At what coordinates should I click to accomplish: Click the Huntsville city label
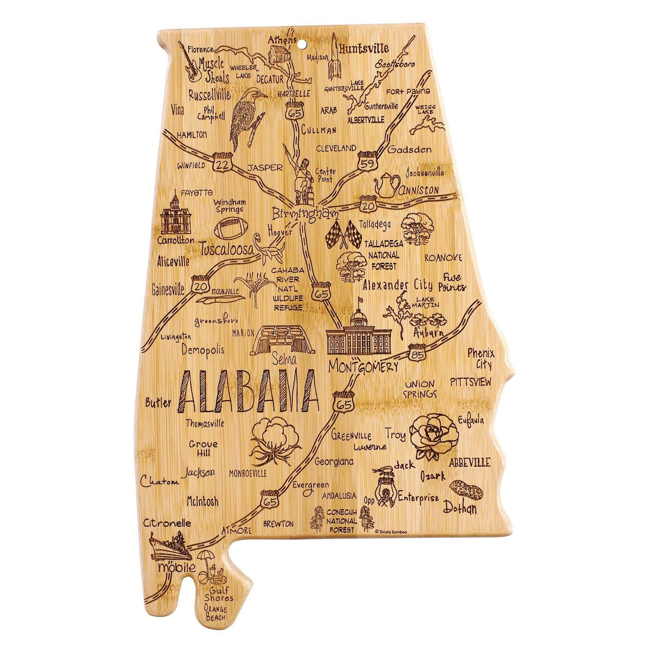pyautogui.click(x=364, y=49)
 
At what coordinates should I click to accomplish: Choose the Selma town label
pyautogui.click(x=284, y=360)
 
